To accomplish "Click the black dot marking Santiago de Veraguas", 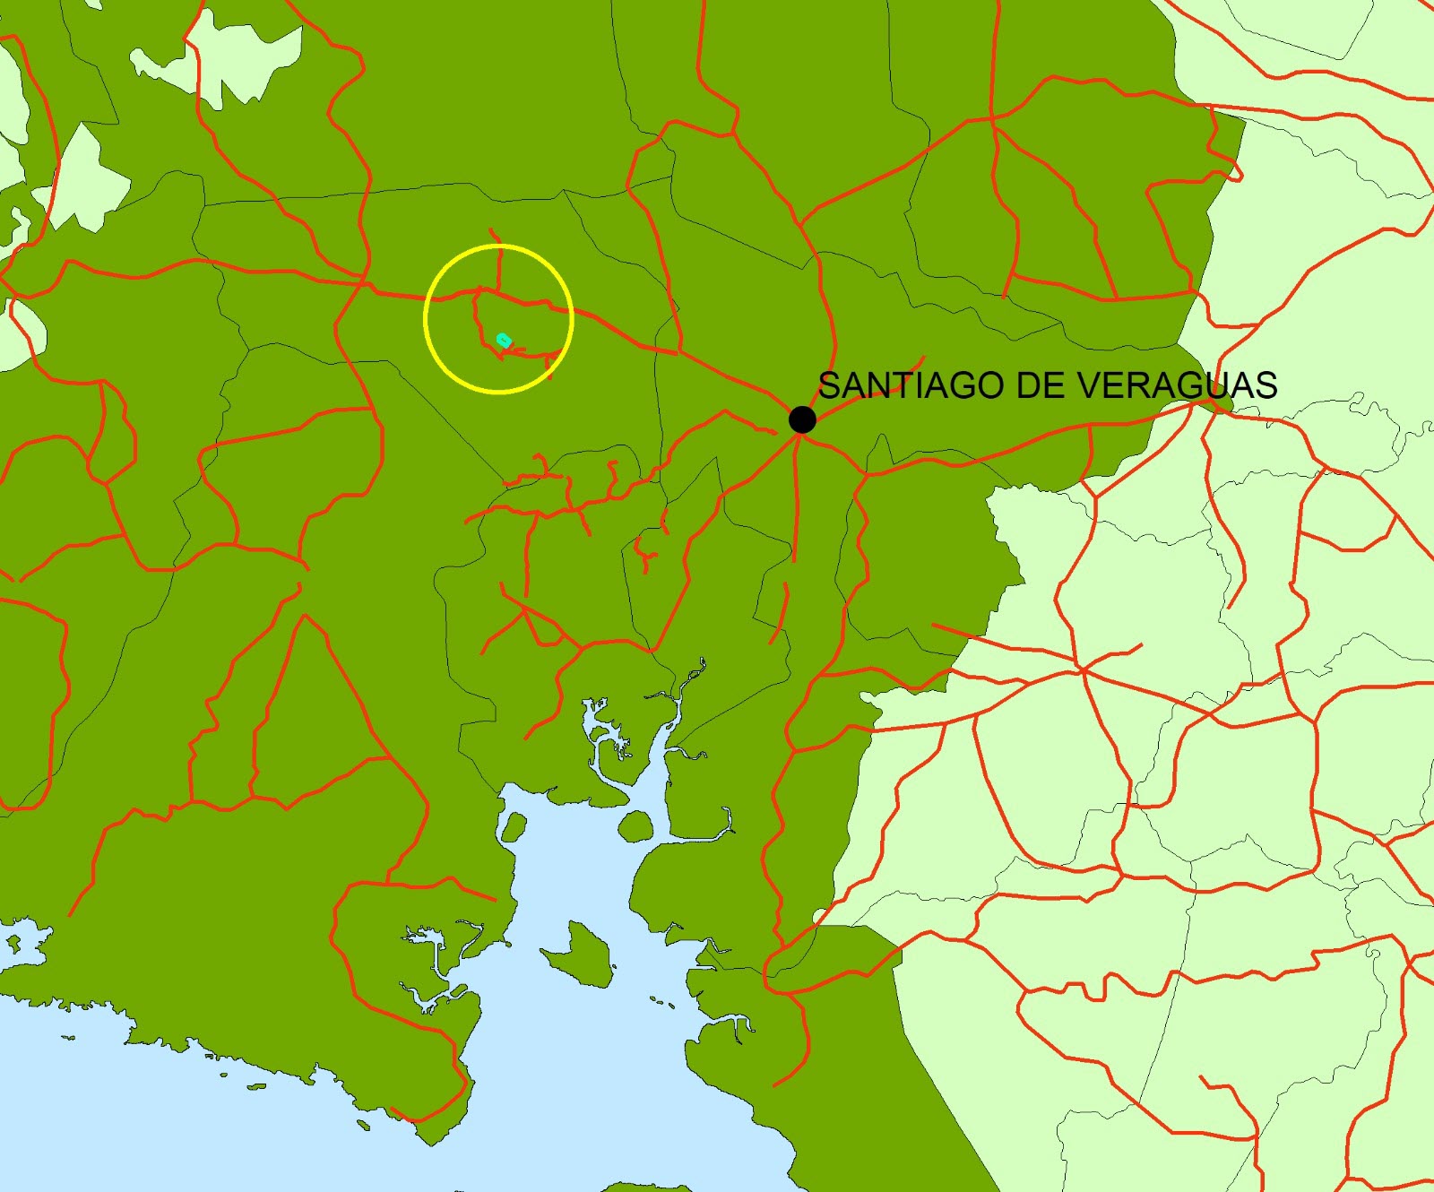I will [802, 419].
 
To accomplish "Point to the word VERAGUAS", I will [1177, 385].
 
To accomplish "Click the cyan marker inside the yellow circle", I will [504, 340].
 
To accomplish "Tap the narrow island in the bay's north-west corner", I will [513, 827].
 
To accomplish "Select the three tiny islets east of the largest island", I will [661, 1002].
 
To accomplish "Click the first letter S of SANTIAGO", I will [830, 385].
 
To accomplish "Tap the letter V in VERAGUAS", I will [1088, 385].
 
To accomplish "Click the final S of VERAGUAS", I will [1266, 385].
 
